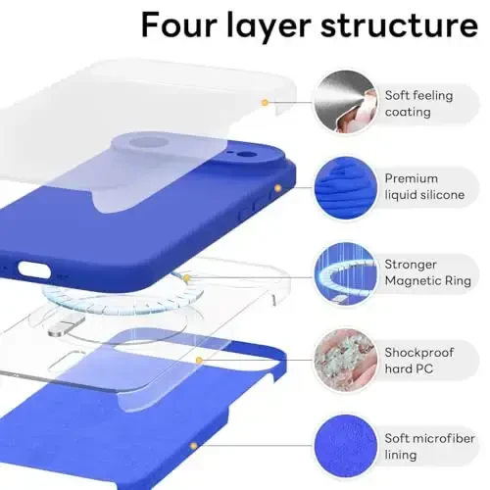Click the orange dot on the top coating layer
pyautogui.click(x=264, y=102)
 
